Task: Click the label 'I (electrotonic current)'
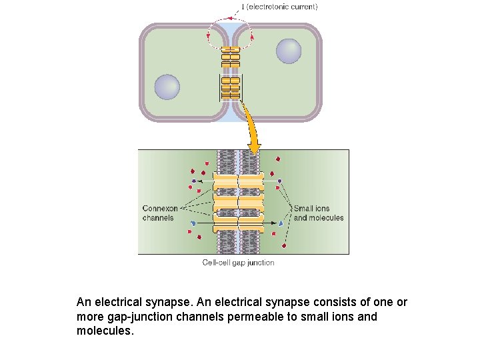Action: click(x=279, y=7)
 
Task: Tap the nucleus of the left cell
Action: click(x=167, y=87)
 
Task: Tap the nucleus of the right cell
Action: click(x=289, y=51)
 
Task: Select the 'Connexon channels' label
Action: click(x=160, y=213)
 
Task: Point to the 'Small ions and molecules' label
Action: click(x=319, y=213)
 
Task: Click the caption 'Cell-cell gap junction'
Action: click(x=238, y=263)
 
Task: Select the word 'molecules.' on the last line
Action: click(x=105, y=331)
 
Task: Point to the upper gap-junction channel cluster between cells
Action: click(x=231, y=57)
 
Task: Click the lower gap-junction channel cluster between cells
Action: click(x=231, y=87)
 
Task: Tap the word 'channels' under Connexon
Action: click(x=158, y=217)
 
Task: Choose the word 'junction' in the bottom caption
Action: click(x=260, y=263)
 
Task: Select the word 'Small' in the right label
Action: click(x=303, y=208)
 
